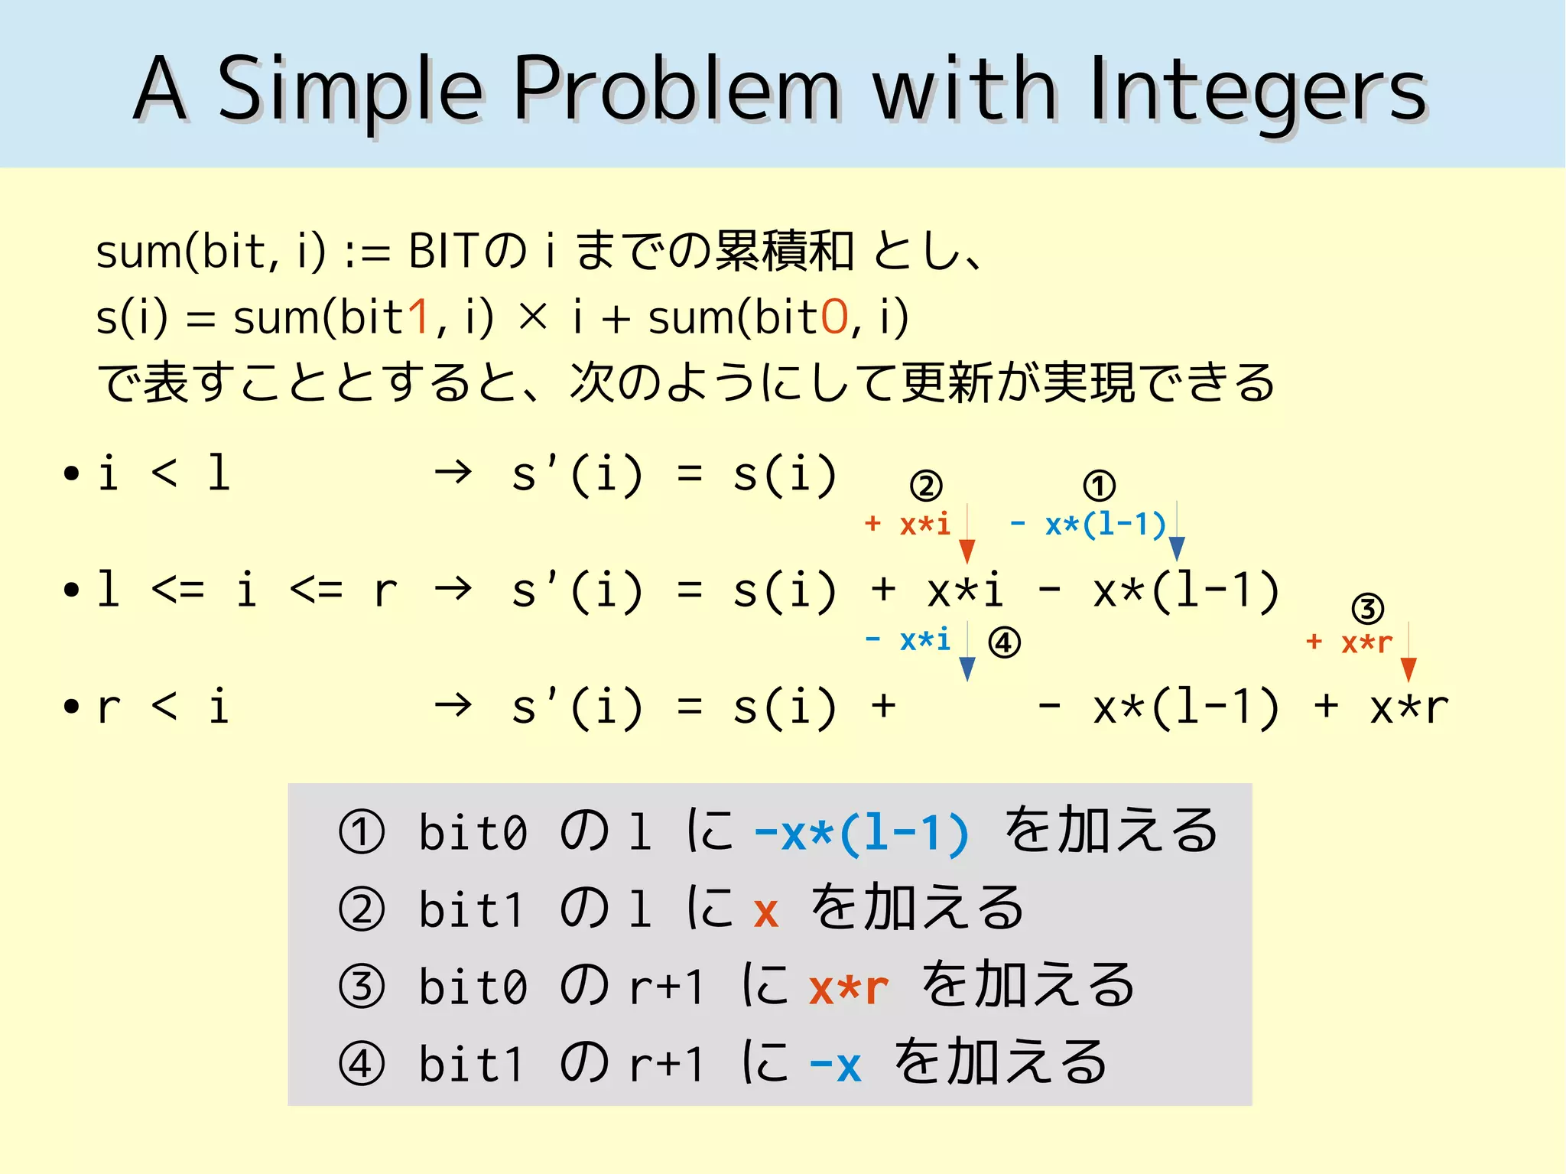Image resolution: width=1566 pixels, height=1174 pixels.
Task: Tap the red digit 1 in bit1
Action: pos(418,317)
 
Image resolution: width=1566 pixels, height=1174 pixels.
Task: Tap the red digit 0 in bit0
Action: pos(834,317)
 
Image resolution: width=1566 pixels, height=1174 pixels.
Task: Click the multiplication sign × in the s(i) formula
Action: pos(533,317)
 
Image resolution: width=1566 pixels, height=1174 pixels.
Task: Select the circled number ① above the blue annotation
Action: pos(1100,486)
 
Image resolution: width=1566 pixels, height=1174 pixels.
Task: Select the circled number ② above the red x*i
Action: pos(926,486)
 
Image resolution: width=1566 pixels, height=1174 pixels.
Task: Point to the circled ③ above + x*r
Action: pos(1368,609)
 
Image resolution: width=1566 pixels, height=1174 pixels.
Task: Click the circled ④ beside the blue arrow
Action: pos(1004,642)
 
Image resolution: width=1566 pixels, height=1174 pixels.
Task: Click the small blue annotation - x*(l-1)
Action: pos(1087,525)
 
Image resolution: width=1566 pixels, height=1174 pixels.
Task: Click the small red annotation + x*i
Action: pos(908,525)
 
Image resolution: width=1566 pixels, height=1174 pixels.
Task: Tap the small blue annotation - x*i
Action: pos(908,639)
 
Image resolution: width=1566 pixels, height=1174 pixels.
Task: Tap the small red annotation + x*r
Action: pos(1350,642)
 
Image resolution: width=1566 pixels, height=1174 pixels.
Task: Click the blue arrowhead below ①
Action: pos(1177,548)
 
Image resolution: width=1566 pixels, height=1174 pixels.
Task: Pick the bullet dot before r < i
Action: pos(72,707)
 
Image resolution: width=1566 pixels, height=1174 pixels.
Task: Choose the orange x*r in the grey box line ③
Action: pos(849,987)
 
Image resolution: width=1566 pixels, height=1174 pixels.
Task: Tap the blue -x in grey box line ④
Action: pos(835,1065)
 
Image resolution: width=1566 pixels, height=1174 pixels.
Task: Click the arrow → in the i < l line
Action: pos(453,473)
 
